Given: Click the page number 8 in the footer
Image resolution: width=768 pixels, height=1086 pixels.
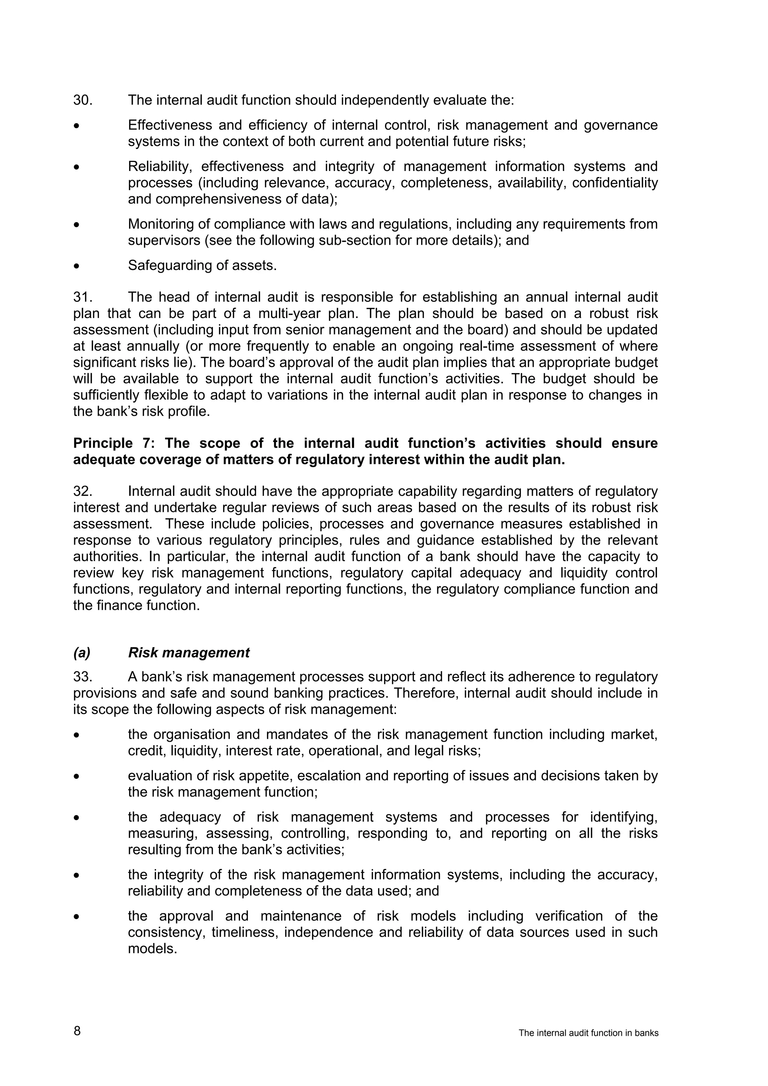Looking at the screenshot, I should (x=77, y=1030).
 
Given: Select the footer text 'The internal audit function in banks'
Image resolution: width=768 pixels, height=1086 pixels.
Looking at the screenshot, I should (x=588, y=1032).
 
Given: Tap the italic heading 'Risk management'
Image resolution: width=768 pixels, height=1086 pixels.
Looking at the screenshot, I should (x=189, y=653).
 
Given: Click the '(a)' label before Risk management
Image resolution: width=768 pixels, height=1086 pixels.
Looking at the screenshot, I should (x=82, y=653).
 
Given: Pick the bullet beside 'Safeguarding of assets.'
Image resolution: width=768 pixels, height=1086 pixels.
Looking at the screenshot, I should (x=76, y=266).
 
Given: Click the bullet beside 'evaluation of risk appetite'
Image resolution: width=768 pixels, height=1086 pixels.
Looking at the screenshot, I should (x=76, y=777).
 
